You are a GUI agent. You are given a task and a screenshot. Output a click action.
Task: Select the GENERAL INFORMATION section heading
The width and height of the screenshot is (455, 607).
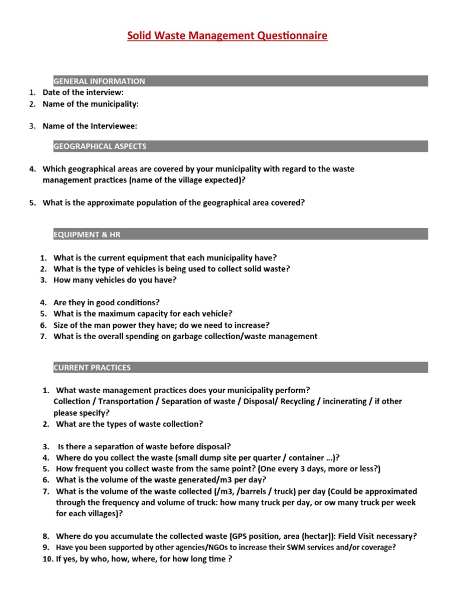pyautogui.click(x=99, y=81)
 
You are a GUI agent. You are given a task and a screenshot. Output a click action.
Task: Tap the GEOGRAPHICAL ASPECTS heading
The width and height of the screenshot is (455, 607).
pyautogui.click(x=100, y=146)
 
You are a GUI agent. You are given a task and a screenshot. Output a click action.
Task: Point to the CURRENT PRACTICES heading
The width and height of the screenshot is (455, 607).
pyautogui.click(x=92, y=368)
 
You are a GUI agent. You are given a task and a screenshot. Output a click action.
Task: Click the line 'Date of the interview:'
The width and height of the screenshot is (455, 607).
pyautogui.click(x=83, y=92)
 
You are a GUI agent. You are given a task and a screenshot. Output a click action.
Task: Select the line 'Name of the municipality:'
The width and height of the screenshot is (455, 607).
pyautogui.click(x=90, y=104)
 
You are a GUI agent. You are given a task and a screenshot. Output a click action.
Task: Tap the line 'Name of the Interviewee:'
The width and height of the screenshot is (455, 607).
pyautogui.click(x=89, y=126)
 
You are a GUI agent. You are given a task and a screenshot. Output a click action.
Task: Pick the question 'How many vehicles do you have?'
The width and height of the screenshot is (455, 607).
pyautogui.click(x=115, y=280)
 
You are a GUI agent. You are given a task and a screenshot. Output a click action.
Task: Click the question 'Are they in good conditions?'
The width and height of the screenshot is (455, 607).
pyautogui.click(x=107, y=302)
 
